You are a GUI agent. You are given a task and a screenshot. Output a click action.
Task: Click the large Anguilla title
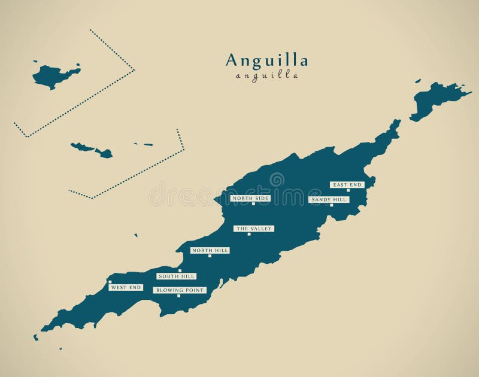point(267,60)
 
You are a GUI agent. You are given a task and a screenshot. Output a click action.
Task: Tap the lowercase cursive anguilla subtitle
point(267,76)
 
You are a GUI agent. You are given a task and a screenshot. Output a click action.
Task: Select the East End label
point(347,185)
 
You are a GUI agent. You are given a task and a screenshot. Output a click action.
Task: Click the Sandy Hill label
point(328,199)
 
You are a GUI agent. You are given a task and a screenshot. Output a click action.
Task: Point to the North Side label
point(250,198)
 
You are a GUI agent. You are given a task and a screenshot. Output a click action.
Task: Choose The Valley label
point(254,229)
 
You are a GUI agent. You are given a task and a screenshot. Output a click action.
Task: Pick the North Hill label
point(210,250)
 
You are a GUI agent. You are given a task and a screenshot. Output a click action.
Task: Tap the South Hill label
point(176,276)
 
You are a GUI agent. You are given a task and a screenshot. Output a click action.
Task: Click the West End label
point(126,287)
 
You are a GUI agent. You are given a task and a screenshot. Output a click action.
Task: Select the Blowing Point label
point(180,290)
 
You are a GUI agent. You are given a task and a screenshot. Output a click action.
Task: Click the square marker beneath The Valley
point(249,235)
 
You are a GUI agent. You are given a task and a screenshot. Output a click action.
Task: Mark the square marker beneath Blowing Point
point(178,296)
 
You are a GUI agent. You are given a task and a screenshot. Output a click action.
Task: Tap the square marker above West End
point(110,282)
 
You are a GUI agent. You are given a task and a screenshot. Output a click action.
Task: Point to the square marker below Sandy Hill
point(331,205)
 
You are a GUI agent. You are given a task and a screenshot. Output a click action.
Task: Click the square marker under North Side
point(253,204)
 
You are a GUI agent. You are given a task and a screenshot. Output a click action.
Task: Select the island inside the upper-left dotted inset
point(54,76)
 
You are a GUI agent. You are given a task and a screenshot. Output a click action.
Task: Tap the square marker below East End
point(348,190)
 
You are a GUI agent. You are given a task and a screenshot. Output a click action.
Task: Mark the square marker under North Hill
point(210,256)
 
